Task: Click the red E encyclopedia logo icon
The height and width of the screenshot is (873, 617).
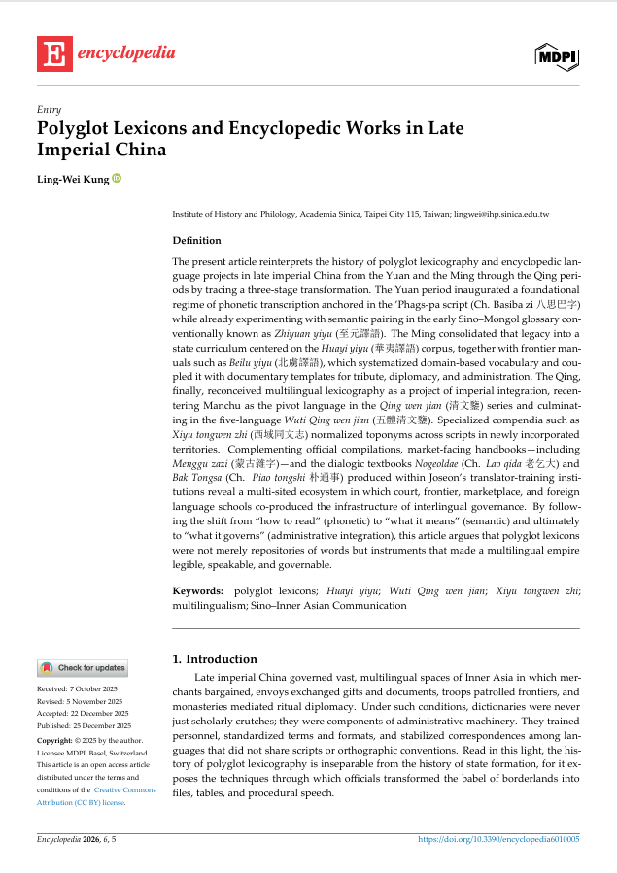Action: tap(53, 54)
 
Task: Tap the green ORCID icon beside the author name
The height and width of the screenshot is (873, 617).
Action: tap(117, 178)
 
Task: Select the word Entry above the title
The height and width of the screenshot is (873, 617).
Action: tap(49, 109)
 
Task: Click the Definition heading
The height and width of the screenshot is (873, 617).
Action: tap(196, 240)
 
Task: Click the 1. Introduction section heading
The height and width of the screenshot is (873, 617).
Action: tap(214, 658)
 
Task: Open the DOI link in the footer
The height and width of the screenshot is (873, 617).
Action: tap(498, 838)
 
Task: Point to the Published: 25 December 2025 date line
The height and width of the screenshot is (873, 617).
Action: tap(84, 725)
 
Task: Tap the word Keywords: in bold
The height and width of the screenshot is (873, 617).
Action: tap(197, 590)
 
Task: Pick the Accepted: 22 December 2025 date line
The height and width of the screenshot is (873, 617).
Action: tap(84, 713)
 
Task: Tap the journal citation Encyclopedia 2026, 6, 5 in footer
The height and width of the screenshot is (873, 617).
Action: tap(77, 838)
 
